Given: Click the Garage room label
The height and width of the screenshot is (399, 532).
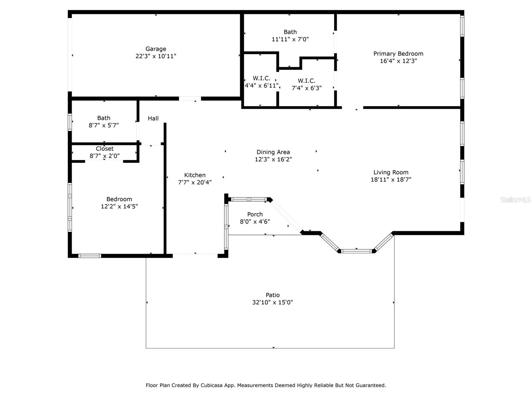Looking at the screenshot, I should pos(156,49).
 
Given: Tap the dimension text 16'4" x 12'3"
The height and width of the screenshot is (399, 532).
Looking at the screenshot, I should pos(398,61).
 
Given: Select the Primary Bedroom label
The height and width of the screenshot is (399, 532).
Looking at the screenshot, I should pos(398,54).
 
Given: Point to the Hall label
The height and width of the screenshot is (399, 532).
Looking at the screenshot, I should pos(153,118).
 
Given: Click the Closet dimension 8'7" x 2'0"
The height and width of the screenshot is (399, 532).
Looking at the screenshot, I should pos(104,156).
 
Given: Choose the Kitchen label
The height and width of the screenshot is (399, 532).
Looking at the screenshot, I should pos(195,175).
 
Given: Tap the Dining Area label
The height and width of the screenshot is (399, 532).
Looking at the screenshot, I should pos(273,152).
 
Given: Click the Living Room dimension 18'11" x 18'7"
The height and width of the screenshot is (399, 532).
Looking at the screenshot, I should pos(391,180).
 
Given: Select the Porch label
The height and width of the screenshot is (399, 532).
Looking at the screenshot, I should pos(255,214).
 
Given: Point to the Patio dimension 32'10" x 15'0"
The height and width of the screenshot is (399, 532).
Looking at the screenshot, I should pos(272,302).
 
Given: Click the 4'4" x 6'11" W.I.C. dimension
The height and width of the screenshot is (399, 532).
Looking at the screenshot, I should pos(261,85).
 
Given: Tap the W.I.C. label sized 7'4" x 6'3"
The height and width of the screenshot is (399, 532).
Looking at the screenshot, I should pos(306,81).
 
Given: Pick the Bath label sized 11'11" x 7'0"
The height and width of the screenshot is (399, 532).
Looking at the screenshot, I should pos(290,32).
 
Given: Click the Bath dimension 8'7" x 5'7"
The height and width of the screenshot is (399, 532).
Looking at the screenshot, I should pos(103,125).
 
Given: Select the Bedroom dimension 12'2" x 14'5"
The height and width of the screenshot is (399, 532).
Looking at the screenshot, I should pos(119,206).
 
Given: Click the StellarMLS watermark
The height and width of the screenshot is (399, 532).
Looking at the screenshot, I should pos(515,199).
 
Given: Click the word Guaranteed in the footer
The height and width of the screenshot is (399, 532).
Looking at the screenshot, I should pos(370,385).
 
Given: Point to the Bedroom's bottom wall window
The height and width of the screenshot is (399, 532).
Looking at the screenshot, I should pos(90,256).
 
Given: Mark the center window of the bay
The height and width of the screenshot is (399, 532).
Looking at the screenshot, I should pos(356,251).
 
